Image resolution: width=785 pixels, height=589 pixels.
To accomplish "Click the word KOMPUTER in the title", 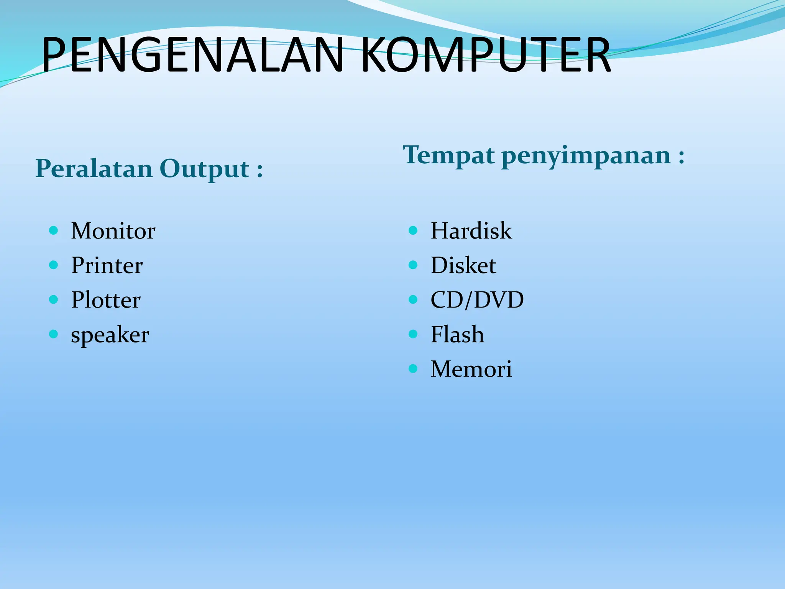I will (485, 55).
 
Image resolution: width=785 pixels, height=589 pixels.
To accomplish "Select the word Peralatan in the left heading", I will (94, 169).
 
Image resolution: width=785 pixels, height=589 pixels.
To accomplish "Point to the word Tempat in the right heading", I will (449, 156).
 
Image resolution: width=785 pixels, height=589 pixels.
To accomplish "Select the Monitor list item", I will (113, 231).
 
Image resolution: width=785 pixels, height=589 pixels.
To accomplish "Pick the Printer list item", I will (107, 266).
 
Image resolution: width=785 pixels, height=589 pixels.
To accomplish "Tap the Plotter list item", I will (106, 300).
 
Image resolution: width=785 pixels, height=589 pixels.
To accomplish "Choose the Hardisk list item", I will (471, 231).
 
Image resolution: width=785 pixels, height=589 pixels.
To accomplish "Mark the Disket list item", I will (463, 266).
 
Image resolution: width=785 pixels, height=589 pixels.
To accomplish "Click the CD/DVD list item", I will (477, 300).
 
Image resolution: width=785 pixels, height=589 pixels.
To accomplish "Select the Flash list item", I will (457, 334).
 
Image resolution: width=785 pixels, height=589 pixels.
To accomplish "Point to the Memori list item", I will (471, 369).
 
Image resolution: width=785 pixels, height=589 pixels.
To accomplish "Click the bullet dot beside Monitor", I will (54, 230).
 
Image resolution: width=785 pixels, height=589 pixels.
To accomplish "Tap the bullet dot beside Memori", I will (413, 369).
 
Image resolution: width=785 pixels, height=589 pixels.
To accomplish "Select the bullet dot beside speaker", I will (54, 334).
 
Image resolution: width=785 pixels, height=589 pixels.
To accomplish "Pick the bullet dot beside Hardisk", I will (413, 230).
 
